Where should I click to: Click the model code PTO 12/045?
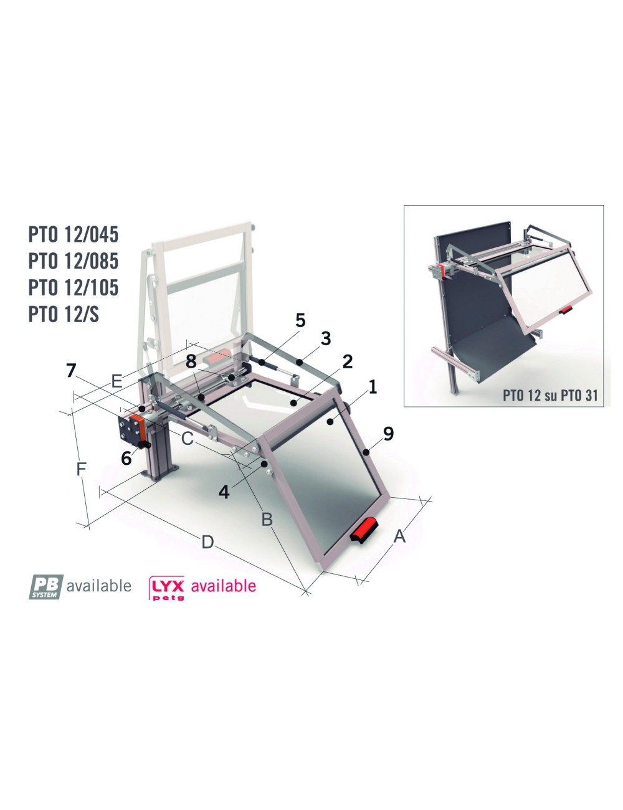(x=74, y=235)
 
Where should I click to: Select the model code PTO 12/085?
(x=74, y=260)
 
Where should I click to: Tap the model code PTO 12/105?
(x=74, y=287)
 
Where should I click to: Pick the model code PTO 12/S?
(x=64, y=314)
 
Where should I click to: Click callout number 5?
(x=300, y=321)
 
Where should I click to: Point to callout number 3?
(x=326, y=339)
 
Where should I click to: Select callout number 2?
(x=348, y=361)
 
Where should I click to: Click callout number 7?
(x=72, y=371)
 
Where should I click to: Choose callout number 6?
(x=126, y=459)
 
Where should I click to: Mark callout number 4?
(x=224, y=492)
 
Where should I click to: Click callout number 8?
(x=191, y=361)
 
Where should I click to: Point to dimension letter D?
(x=207, y=542)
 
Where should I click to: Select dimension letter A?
(x=399, y=535)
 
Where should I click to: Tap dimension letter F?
(x=80, y=469)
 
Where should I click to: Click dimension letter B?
(x=267, y=518)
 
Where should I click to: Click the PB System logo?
(x=47, y=586)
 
